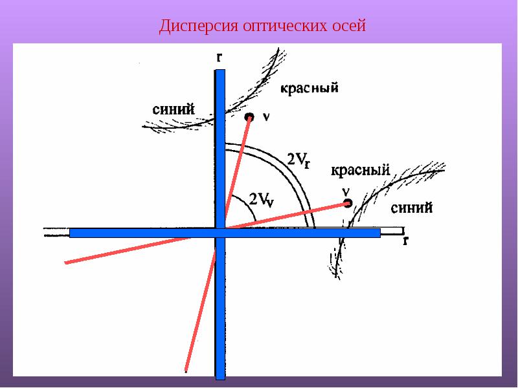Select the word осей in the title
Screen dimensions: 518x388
347,27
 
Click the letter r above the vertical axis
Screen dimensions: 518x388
220,57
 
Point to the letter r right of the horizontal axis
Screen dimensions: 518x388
405,240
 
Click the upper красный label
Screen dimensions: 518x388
310,88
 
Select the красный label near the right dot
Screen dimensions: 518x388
360,171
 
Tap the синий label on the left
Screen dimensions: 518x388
173,109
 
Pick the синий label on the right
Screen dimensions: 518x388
412,208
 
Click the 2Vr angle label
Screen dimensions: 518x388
298,160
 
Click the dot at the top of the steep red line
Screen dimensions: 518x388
249,117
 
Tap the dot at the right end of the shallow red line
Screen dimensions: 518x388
348,203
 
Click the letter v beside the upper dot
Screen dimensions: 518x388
266,116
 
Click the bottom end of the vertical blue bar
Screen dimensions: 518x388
220,378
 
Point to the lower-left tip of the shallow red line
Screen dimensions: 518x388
67,263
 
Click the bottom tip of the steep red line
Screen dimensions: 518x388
186,371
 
